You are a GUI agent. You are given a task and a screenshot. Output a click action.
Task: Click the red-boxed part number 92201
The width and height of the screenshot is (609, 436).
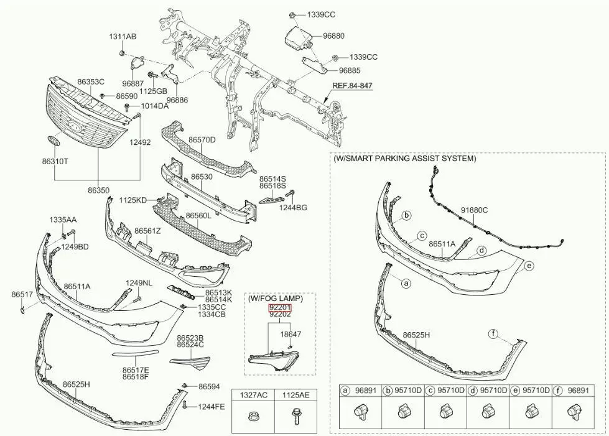coord(280,307)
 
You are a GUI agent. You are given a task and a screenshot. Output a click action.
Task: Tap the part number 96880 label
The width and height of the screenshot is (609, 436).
coord(333,37)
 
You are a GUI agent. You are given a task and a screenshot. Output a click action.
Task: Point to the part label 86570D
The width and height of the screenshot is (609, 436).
coord(202,140)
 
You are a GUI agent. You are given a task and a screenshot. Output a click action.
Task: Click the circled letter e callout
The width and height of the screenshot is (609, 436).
coord(529,266)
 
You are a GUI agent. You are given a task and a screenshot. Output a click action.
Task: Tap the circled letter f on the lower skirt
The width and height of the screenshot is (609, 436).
coord(493,335)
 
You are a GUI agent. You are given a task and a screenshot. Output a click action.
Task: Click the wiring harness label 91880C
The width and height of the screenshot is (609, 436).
coord(474,210)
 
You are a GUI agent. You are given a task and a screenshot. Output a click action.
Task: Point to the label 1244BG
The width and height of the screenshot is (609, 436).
coord(292,207)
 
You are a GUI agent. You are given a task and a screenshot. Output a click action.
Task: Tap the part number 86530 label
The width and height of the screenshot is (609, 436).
coord(202,177)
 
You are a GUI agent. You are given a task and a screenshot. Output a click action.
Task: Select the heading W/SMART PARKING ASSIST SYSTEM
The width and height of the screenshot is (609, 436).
coord(405,159)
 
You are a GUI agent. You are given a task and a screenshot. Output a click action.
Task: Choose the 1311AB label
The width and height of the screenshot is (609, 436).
coord(123,37)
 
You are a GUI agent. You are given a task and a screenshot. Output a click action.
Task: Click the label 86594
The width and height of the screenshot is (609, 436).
coord(209,387)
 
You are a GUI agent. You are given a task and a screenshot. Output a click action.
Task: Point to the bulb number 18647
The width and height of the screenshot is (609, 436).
coord(291,334)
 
